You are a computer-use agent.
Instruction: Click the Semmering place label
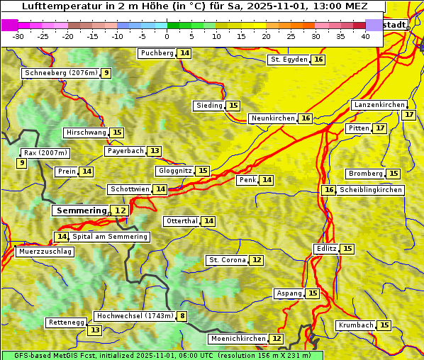[x=81, y=210]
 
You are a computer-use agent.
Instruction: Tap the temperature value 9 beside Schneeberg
[x=106, y=73]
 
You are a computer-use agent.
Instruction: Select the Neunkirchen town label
[x=272, y=118]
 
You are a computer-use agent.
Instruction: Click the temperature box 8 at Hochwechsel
[x=182, y=316]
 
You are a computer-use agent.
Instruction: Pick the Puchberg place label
[x=157, y=53]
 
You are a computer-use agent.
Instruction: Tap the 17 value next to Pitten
[x=381, y=128]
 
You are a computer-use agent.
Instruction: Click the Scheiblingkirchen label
[x=370, y=190]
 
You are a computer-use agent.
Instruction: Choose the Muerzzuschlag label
[x=44, y=252]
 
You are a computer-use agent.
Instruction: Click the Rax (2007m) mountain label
[x=45, y=152]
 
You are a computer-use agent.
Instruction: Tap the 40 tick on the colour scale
[x=365, y=36]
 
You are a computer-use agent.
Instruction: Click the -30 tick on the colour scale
[x=18, y=36]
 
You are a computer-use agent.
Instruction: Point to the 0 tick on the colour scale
[x=167, y=36]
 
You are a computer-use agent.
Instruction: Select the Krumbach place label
[x=355, y=325]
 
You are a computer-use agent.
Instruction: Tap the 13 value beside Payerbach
[x=155, y=151]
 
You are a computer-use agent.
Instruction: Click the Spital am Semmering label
[x=110, y=237]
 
